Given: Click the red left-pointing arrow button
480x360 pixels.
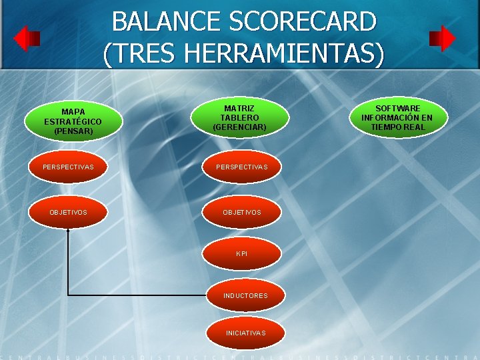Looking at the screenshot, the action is (27, 39).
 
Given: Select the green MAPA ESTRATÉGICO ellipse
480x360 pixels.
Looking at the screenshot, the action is (73, 121).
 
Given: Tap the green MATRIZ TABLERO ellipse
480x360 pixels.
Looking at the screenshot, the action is (239, 117).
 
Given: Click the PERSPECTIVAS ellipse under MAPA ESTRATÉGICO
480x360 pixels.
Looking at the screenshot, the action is (68, 167).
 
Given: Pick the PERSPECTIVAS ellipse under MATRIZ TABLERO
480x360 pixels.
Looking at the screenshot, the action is (242, 167).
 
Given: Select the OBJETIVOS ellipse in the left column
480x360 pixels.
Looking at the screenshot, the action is (68, 212).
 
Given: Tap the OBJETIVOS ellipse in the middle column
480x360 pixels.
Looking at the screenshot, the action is (242, 212).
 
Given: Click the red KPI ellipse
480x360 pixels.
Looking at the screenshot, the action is (242, 253).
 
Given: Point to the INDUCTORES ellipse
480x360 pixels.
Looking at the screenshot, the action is (245, 295).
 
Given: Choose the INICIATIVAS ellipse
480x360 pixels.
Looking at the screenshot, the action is (245, 333).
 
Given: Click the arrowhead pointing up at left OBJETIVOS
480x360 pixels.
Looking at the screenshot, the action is (68, 230).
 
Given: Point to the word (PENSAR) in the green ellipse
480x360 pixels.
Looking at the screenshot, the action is (73, 131).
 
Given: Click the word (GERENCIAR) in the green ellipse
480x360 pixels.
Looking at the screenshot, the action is (239, 127).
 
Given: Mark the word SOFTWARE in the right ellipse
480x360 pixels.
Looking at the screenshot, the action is (397, 108).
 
